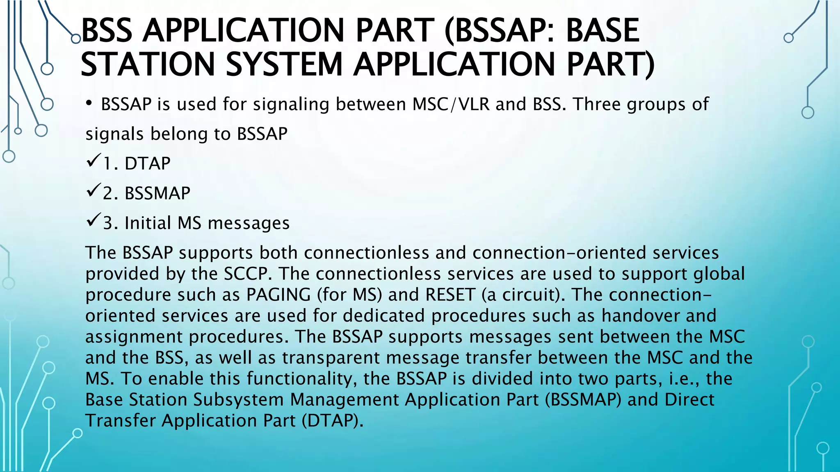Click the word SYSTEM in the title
[284, 64]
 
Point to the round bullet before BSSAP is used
[89, 104]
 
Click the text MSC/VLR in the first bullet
[451, 104]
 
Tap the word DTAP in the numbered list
[147, 163]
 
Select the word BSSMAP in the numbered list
[157, 193]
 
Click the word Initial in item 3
[148, 223]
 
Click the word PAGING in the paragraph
[278, 295]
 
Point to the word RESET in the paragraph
[450, 295]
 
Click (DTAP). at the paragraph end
[333, 421]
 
